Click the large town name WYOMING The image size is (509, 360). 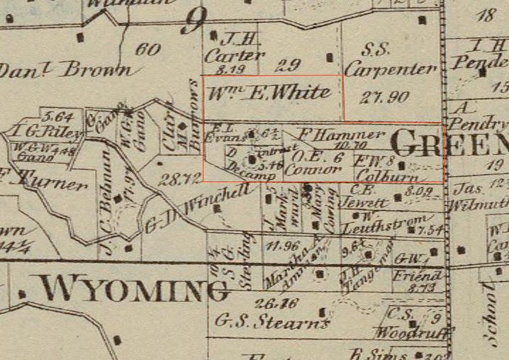pos(133,289)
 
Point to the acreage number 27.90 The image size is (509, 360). pos(385,97)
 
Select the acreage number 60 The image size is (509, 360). pos(147,50)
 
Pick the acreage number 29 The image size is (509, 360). pos(286,66)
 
